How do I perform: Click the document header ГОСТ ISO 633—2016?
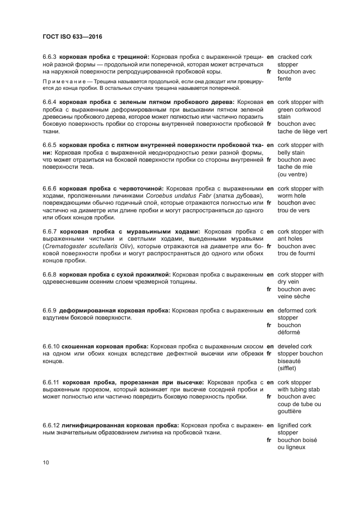tap(72, 37)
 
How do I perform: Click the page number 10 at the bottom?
tap(46, 463)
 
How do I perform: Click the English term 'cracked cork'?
tap(295, 57)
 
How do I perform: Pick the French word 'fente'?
tap(284, 79)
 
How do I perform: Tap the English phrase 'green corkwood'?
tap(299, 109)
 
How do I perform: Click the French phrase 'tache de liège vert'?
tap(302, 131)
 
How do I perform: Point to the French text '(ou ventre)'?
tap(292, 175)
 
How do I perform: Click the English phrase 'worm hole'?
tap(292, 196)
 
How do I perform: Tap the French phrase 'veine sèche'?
tap(294, 297)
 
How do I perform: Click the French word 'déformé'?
tap(289, 333)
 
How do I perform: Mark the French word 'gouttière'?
tap(289, 412)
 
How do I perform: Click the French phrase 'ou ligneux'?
tap(292, 447)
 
